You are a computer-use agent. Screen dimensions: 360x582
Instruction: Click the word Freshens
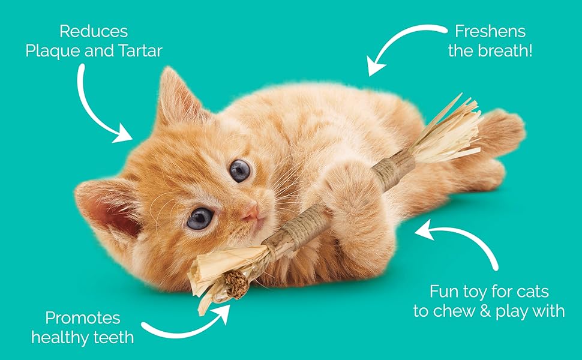click(490, 31)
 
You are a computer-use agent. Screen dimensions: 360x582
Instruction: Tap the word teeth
click(113, 338)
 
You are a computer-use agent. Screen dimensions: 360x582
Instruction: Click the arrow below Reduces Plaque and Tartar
click(102, 108)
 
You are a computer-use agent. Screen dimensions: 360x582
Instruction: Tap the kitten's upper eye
click(239, 170)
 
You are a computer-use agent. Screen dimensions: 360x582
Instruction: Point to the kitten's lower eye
click(200, 218)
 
